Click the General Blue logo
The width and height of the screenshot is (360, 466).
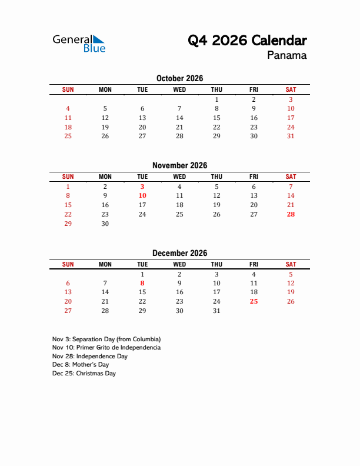(x=79, y=43)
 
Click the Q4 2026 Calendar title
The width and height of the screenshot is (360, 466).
(x=247, y=41)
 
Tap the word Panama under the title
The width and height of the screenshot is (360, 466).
(x=286, y=56)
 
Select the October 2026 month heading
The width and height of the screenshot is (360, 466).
(x=179, y=78)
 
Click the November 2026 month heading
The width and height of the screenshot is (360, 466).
(x=179, y=165)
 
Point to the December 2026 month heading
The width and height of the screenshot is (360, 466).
(x=179, y=253)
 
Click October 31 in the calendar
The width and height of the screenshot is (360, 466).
(x=291, y=136)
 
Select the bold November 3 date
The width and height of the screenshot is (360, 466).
(x=142, y=187)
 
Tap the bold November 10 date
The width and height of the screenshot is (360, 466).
(x=142, y=195)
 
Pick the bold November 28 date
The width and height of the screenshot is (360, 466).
(x=291, y=214)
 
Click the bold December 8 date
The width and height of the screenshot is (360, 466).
(x=142, y=283)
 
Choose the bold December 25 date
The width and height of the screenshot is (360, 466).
(x=254, y=301)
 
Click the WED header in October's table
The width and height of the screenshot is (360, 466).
(x=179, y=89)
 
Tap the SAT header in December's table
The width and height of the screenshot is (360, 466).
(x=291, y=264)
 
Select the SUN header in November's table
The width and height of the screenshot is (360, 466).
(x=68, y=177)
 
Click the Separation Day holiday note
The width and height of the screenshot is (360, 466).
(x=106, y=339)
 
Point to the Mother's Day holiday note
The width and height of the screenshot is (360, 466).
(x=81, y=365)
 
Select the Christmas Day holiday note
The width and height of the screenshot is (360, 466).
(x=84, y=374)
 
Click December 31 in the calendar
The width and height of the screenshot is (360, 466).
(x=216, y=311)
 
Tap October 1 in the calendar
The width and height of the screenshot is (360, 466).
(x=216, y=99)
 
